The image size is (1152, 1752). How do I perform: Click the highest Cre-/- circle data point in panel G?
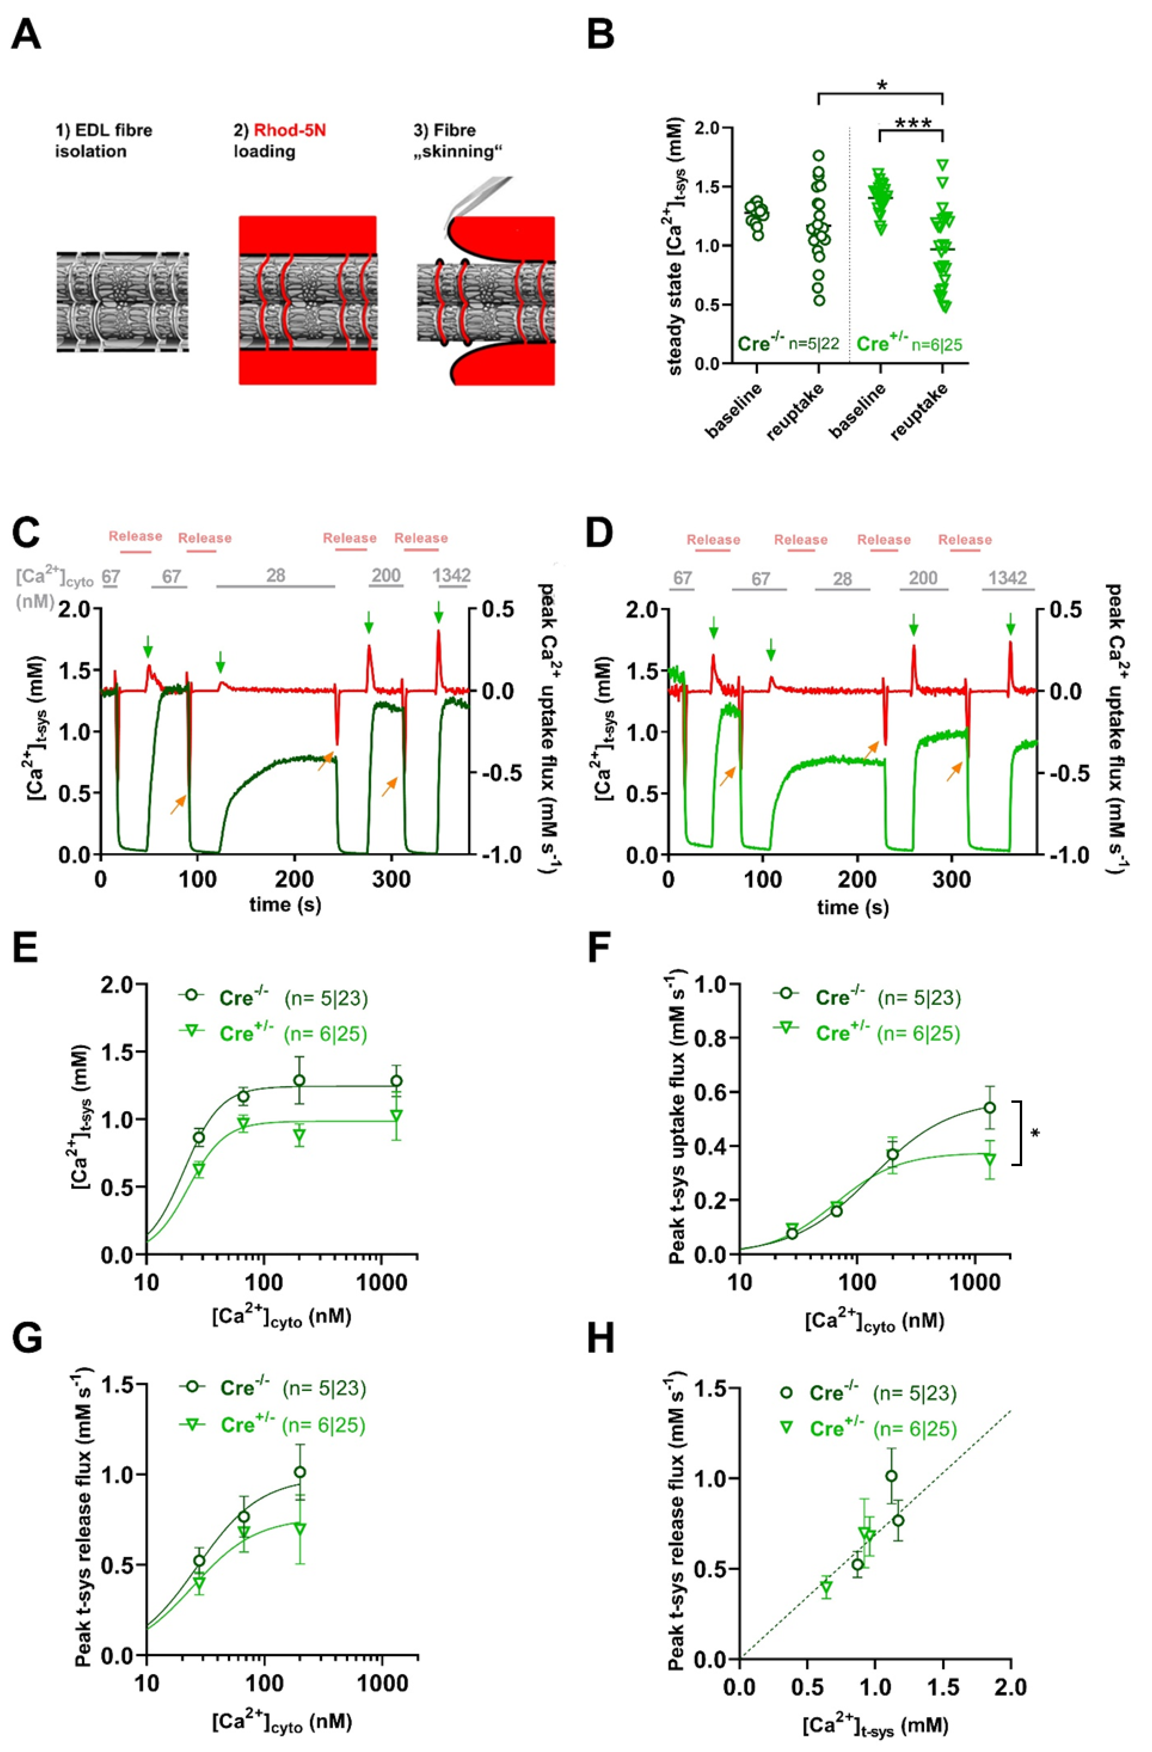pos(299,1472)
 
